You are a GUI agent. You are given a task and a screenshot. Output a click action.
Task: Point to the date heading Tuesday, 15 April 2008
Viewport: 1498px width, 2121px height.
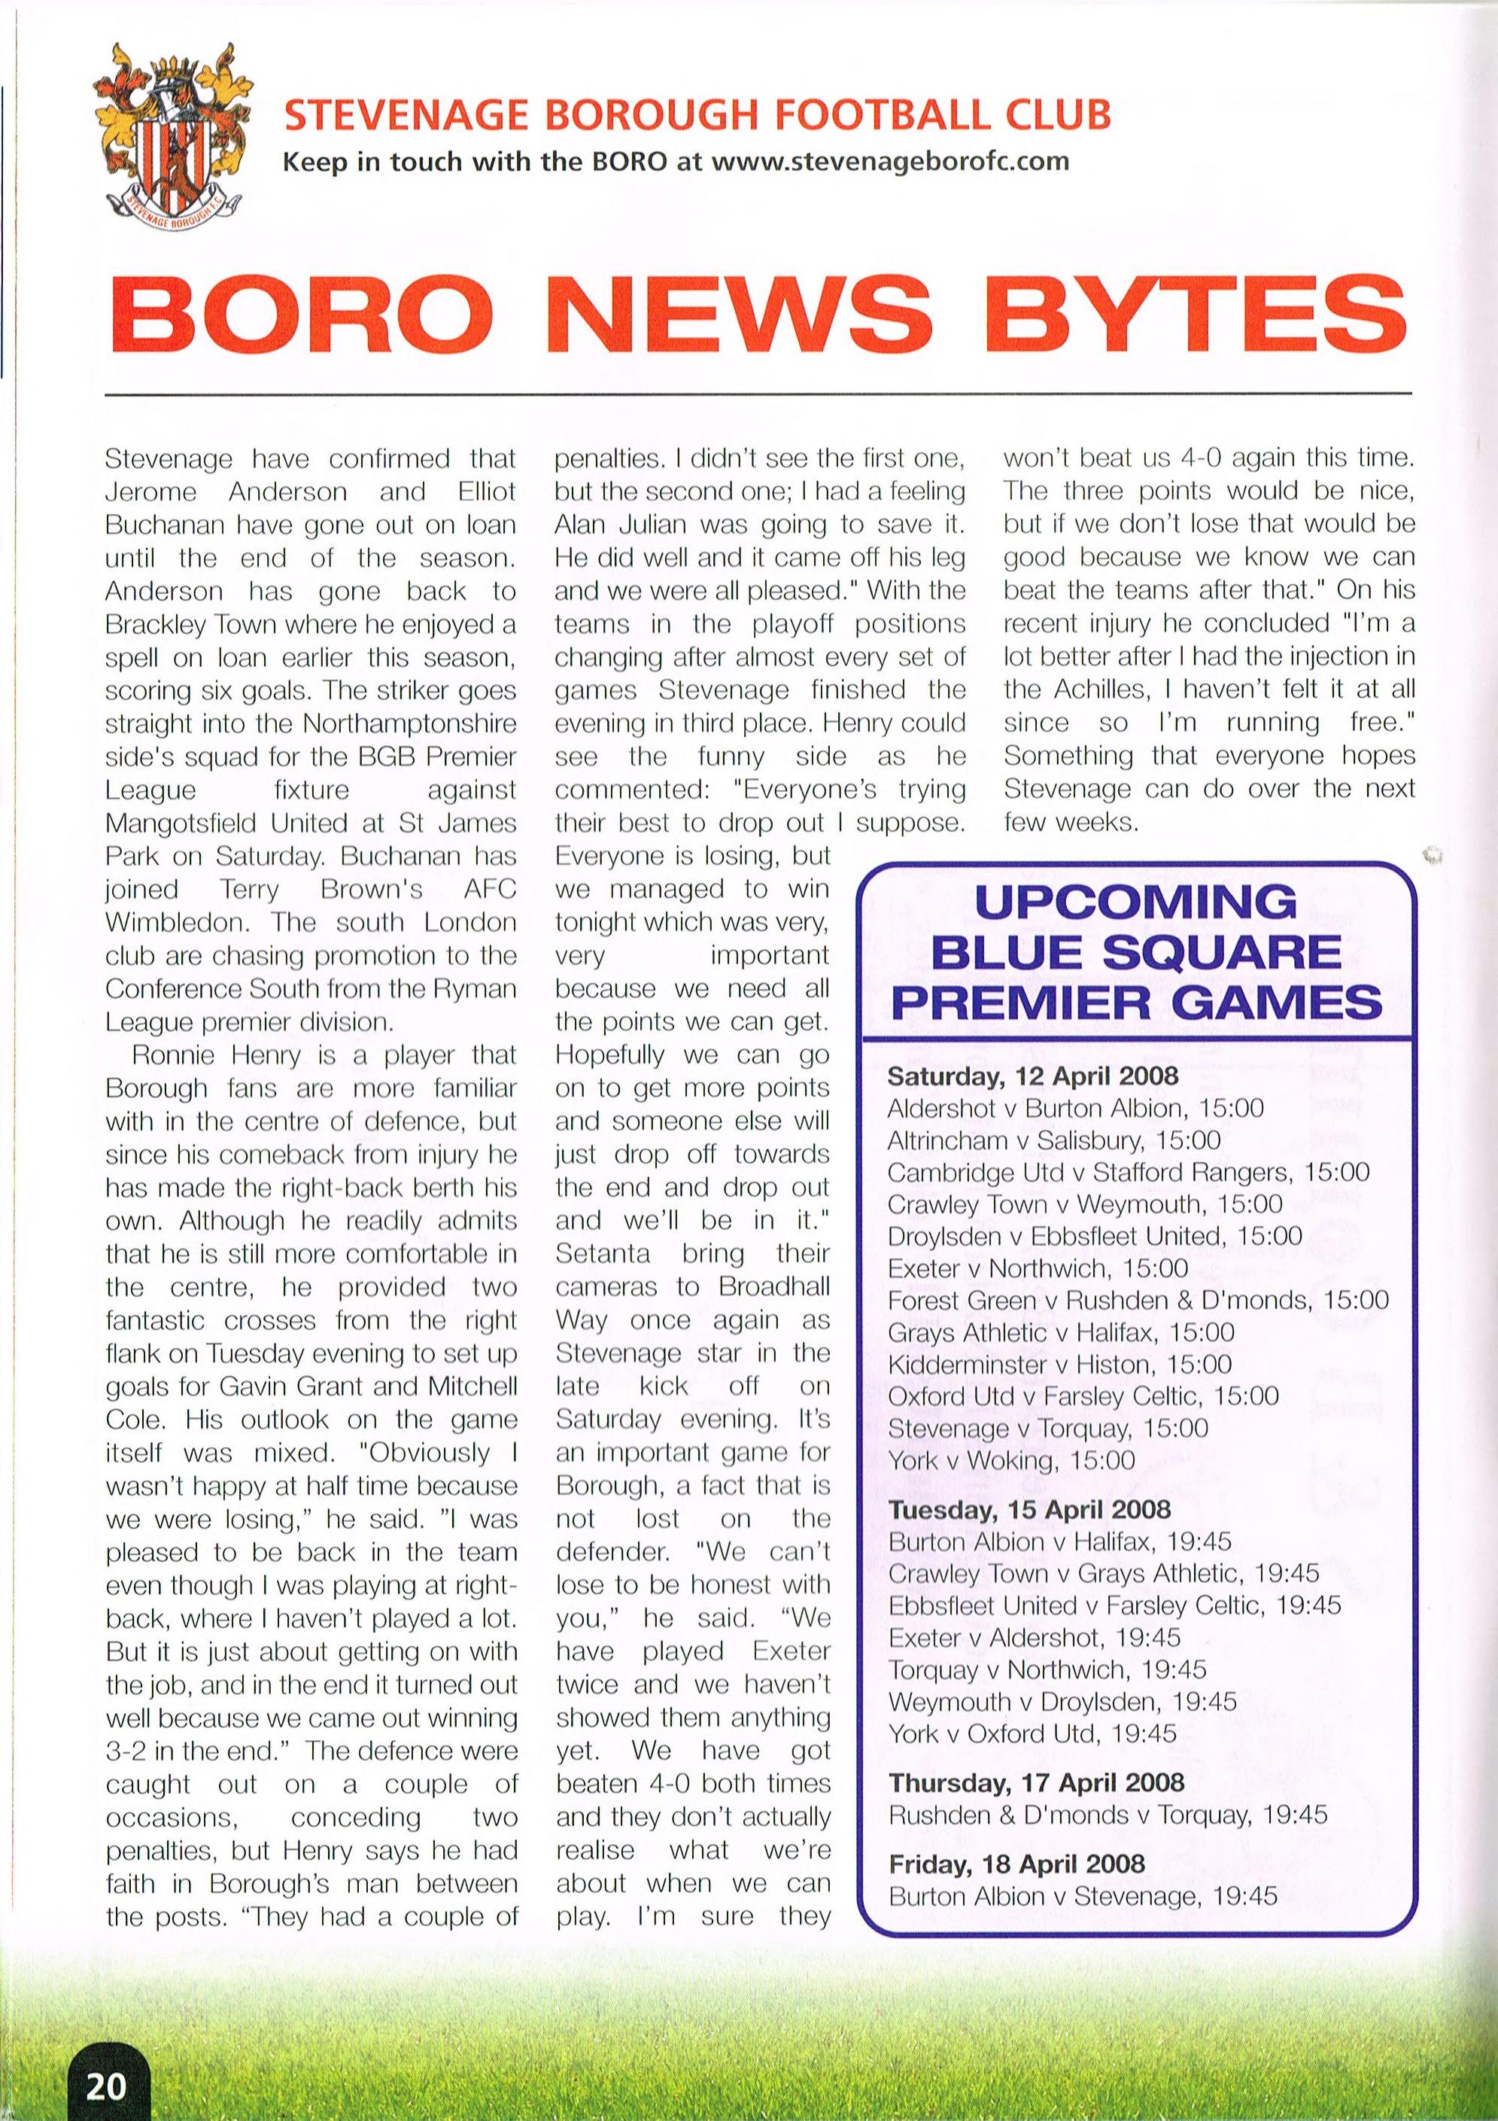tap(1029, 1508)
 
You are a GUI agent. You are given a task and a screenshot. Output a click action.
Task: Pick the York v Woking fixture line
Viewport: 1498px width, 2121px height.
tap(1010, 1460)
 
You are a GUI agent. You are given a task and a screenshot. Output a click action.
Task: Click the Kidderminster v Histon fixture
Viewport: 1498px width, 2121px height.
tap(1059, 1365)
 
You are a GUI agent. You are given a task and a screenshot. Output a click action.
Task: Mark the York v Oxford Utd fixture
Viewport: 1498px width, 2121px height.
tap(1032, 1733)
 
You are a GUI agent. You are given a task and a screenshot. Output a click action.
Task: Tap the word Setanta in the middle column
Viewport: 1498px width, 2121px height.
tap(602, 1254)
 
